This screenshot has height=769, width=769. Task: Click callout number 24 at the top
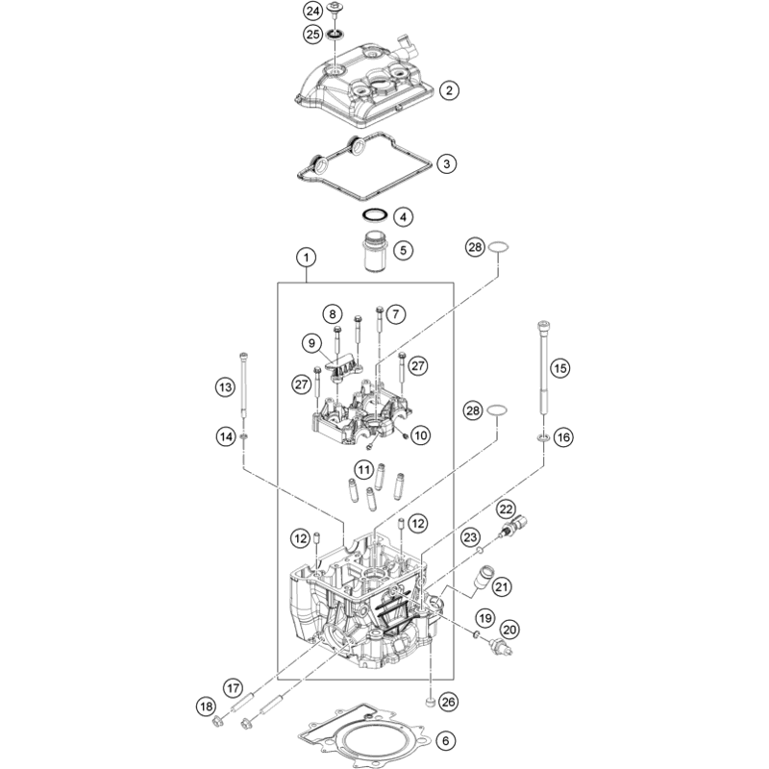click(x=313, y=11)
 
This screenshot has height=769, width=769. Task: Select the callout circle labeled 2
click(x=449, y=90)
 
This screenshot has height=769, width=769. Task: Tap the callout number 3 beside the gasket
click(x=446, y=163)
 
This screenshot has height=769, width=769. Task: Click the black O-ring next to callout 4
click(x=375, y=214)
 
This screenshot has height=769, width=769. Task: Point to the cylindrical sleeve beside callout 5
click(x=375, y=250)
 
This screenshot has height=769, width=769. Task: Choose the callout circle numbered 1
click(x=307, y=257)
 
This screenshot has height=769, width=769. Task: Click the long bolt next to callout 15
click(x=543, y=369)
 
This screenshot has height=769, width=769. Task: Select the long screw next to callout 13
click(x=244, y=384)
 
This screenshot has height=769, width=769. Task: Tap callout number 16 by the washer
click(x=563, y=437)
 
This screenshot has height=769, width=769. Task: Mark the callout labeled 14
click(x=226, y=436)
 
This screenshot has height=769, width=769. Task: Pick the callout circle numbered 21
click(x=501, y=586)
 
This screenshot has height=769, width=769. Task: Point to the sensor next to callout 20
click(x=501, y=646)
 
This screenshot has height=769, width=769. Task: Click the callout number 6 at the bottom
click(x=446, y=740)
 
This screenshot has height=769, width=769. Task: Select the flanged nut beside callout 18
click(x=217, y=722)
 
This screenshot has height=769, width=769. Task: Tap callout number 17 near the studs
click(x=234, y=688)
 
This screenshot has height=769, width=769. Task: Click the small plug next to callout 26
click(x=430, y=704)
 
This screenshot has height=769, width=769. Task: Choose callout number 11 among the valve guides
click(x=363, y=470)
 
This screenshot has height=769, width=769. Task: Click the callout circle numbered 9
click(x=311, y=343)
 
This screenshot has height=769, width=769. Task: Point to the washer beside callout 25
click(x=335, y=35)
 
